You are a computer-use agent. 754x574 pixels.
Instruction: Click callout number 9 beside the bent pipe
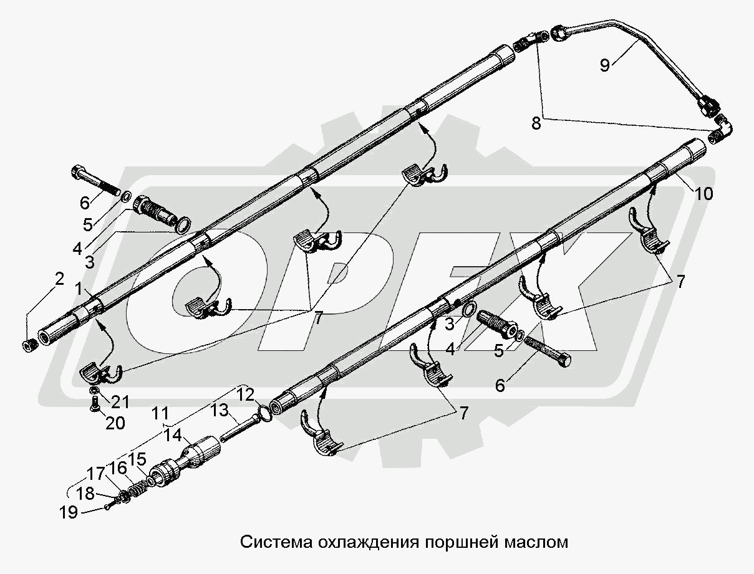pyautogui.click(x=605, y=64)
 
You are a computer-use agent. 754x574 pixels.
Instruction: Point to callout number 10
pyautogui.click(x=703, y=194)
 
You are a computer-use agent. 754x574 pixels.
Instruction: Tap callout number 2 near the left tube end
pyautogui.click(x=59, y=279)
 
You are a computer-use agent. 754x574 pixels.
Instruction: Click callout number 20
pyautogui.click(x=115, y=423)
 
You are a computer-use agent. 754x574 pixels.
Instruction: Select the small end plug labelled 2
pyautogui.click(x=29, y=345)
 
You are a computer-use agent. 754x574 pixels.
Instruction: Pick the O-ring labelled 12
pyautogui.click(x=264, y=413)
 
